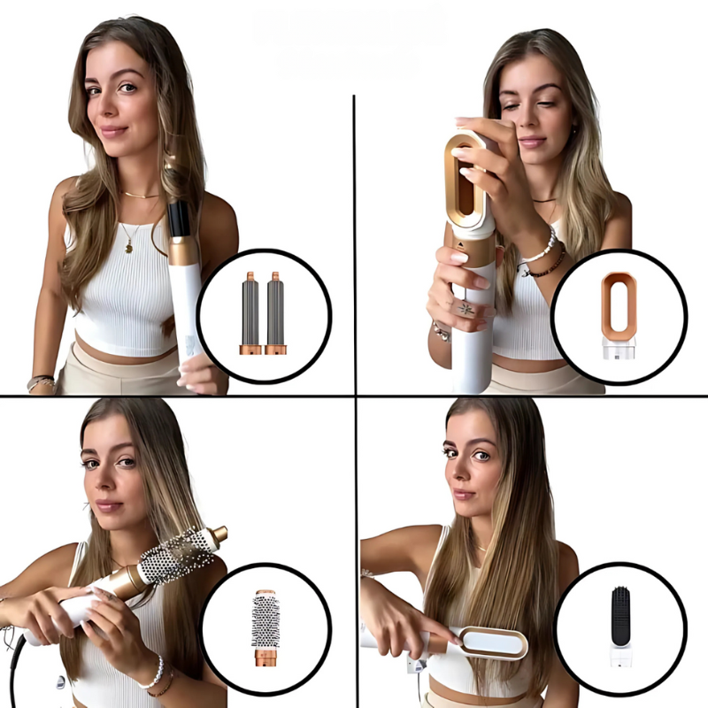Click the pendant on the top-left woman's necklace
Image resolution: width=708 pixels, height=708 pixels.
[129, 247]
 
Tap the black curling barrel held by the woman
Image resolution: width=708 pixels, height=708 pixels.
[180, 219]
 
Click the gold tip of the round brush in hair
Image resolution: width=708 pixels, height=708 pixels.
[217, 535]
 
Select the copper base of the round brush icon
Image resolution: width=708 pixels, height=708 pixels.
[265, 660]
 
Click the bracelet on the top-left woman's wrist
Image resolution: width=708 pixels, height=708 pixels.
[41, 382]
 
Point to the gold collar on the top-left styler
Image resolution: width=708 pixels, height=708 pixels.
[183, 252]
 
